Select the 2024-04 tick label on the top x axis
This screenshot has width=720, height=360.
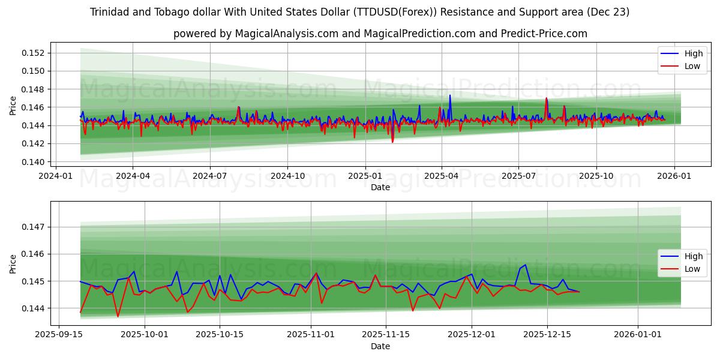tap(133, 176)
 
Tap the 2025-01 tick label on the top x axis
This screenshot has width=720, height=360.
tap(365, 176)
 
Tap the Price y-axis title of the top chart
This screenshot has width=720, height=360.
tap(13, 106)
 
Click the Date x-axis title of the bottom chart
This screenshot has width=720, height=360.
tap(380, 346)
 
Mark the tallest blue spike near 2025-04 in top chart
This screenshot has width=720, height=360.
tap(450, 95)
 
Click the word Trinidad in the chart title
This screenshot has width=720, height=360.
tap(110, 12)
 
